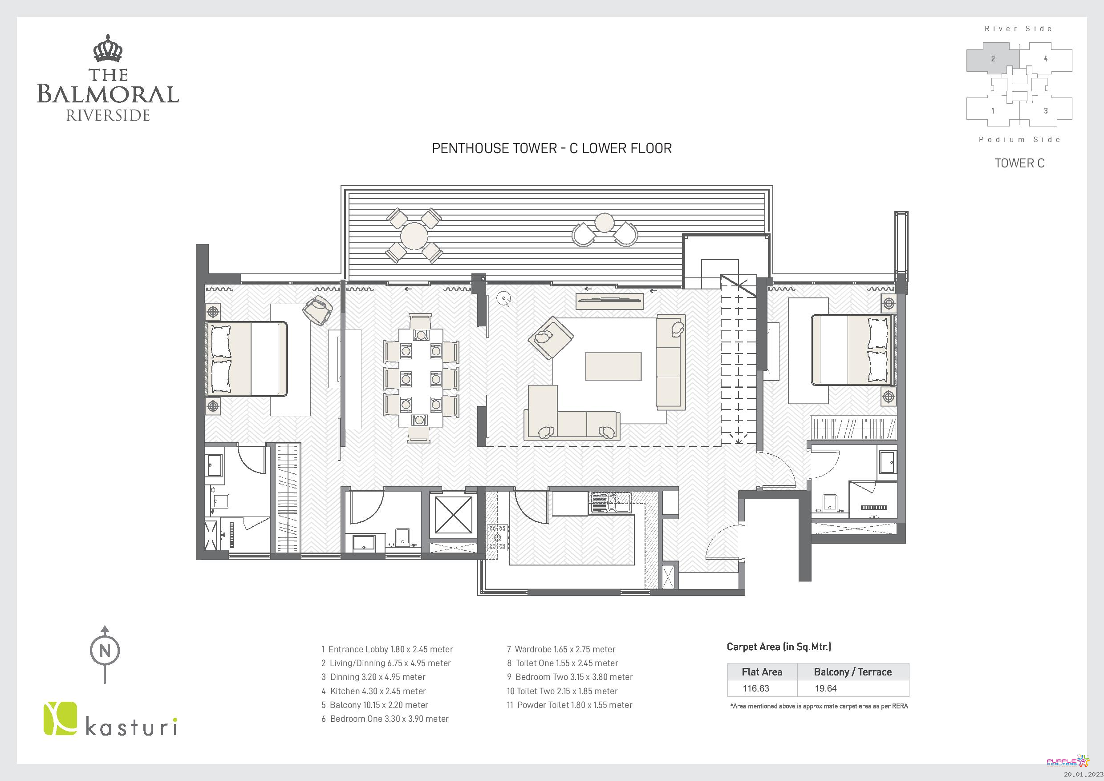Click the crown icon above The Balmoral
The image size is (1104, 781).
pos(108,49)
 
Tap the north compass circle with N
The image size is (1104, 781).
pos(105,651)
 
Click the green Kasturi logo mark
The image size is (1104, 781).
pos(60,719)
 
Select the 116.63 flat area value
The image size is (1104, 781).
pos(756,688)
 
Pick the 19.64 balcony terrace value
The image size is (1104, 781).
pos(826,688)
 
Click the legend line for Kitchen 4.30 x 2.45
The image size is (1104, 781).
pos(373,691)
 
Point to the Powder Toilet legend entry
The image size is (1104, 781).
pos(570,705)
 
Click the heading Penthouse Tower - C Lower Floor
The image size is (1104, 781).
pos(552,148)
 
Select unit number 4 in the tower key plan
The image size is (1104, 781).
pos(1045,59)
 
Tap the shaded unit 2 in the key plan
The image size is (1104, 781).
pos(993,59)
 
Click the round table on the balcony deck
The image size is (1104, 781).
pos(414,236)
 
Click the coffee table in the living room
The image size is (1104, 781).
pos(613,366)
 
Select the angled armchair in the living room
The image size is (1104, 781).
pos(551,338)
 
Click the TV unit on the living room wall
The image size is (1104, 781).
pos(610,301)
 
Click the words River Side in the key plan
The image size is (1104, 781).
pos(1018,29)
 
